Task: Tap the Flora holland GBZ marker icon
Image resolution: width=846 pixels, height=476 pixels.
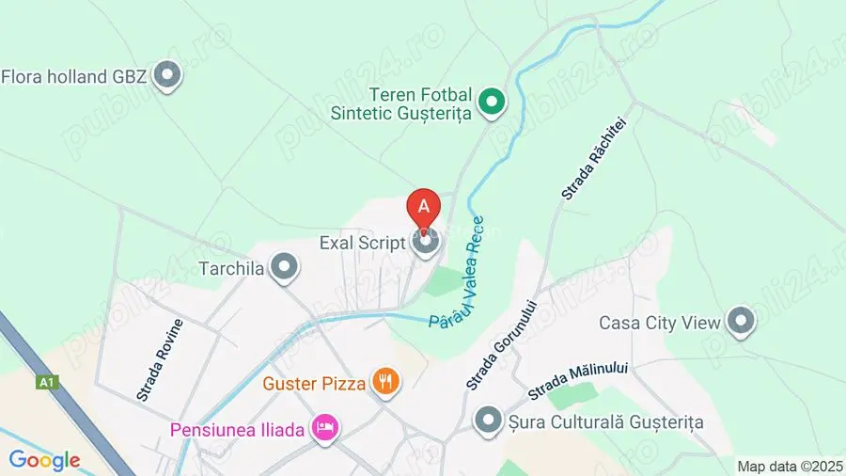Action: click(167, 75)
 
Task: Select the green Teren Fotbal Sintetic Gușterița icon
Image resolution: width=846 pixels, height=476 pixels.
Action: click(491, 103)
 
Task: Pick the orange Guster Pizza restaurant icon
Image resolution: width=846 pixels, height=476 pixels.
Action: click(384, 382)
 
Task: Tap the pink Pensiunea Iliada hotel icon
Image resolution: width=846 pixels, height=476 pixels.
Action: click(324, 429)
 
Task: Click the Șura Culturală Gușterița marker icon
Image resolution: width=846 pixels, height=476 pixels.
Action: click(488, 421)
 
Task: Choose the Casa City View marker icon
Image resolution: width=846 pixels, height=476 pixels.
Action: click(742, 322)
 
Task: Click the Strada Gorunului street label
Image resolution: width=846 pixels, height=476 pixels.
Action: click(499, 344)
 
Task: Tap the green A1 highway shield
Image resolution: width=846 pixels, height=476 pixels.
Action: click(46, 383)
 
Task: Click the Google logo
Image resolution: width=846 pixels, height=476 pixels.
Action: click(44, 460)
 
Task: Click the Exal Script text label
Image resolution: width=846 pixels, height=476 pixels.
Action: click(362, 243)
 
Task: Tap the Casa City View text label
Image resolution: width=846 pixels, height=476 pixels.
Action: click(660, 323)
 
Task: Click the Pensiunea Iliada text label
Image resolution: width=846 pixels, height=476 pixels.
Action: click(237, 430)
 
